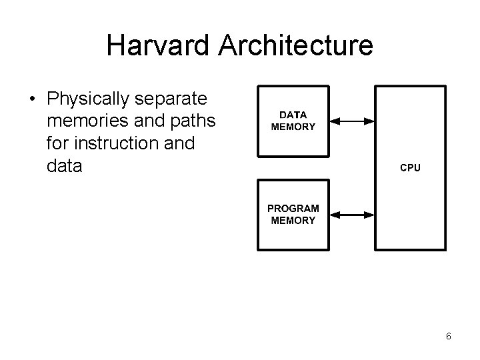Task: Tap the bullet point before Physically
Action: [32, 100]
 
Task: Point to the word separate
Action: [171, 99]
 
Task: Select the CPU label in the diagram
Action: [410, 168]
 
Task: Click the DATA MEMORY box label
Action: [293, 121]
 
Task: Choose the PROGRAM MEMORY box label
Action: [293, 214]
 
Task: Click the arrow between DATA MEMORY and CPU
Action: [353, 121]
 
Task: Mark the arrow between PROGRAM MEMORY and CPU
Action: [353, 214]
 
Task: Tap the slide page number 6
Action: [449, 337]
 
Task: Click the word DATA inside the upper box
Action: [293, 115]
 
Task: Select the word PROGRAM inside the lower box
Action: [293, 209]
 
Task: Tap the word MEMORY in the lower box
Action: [293, 220]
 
